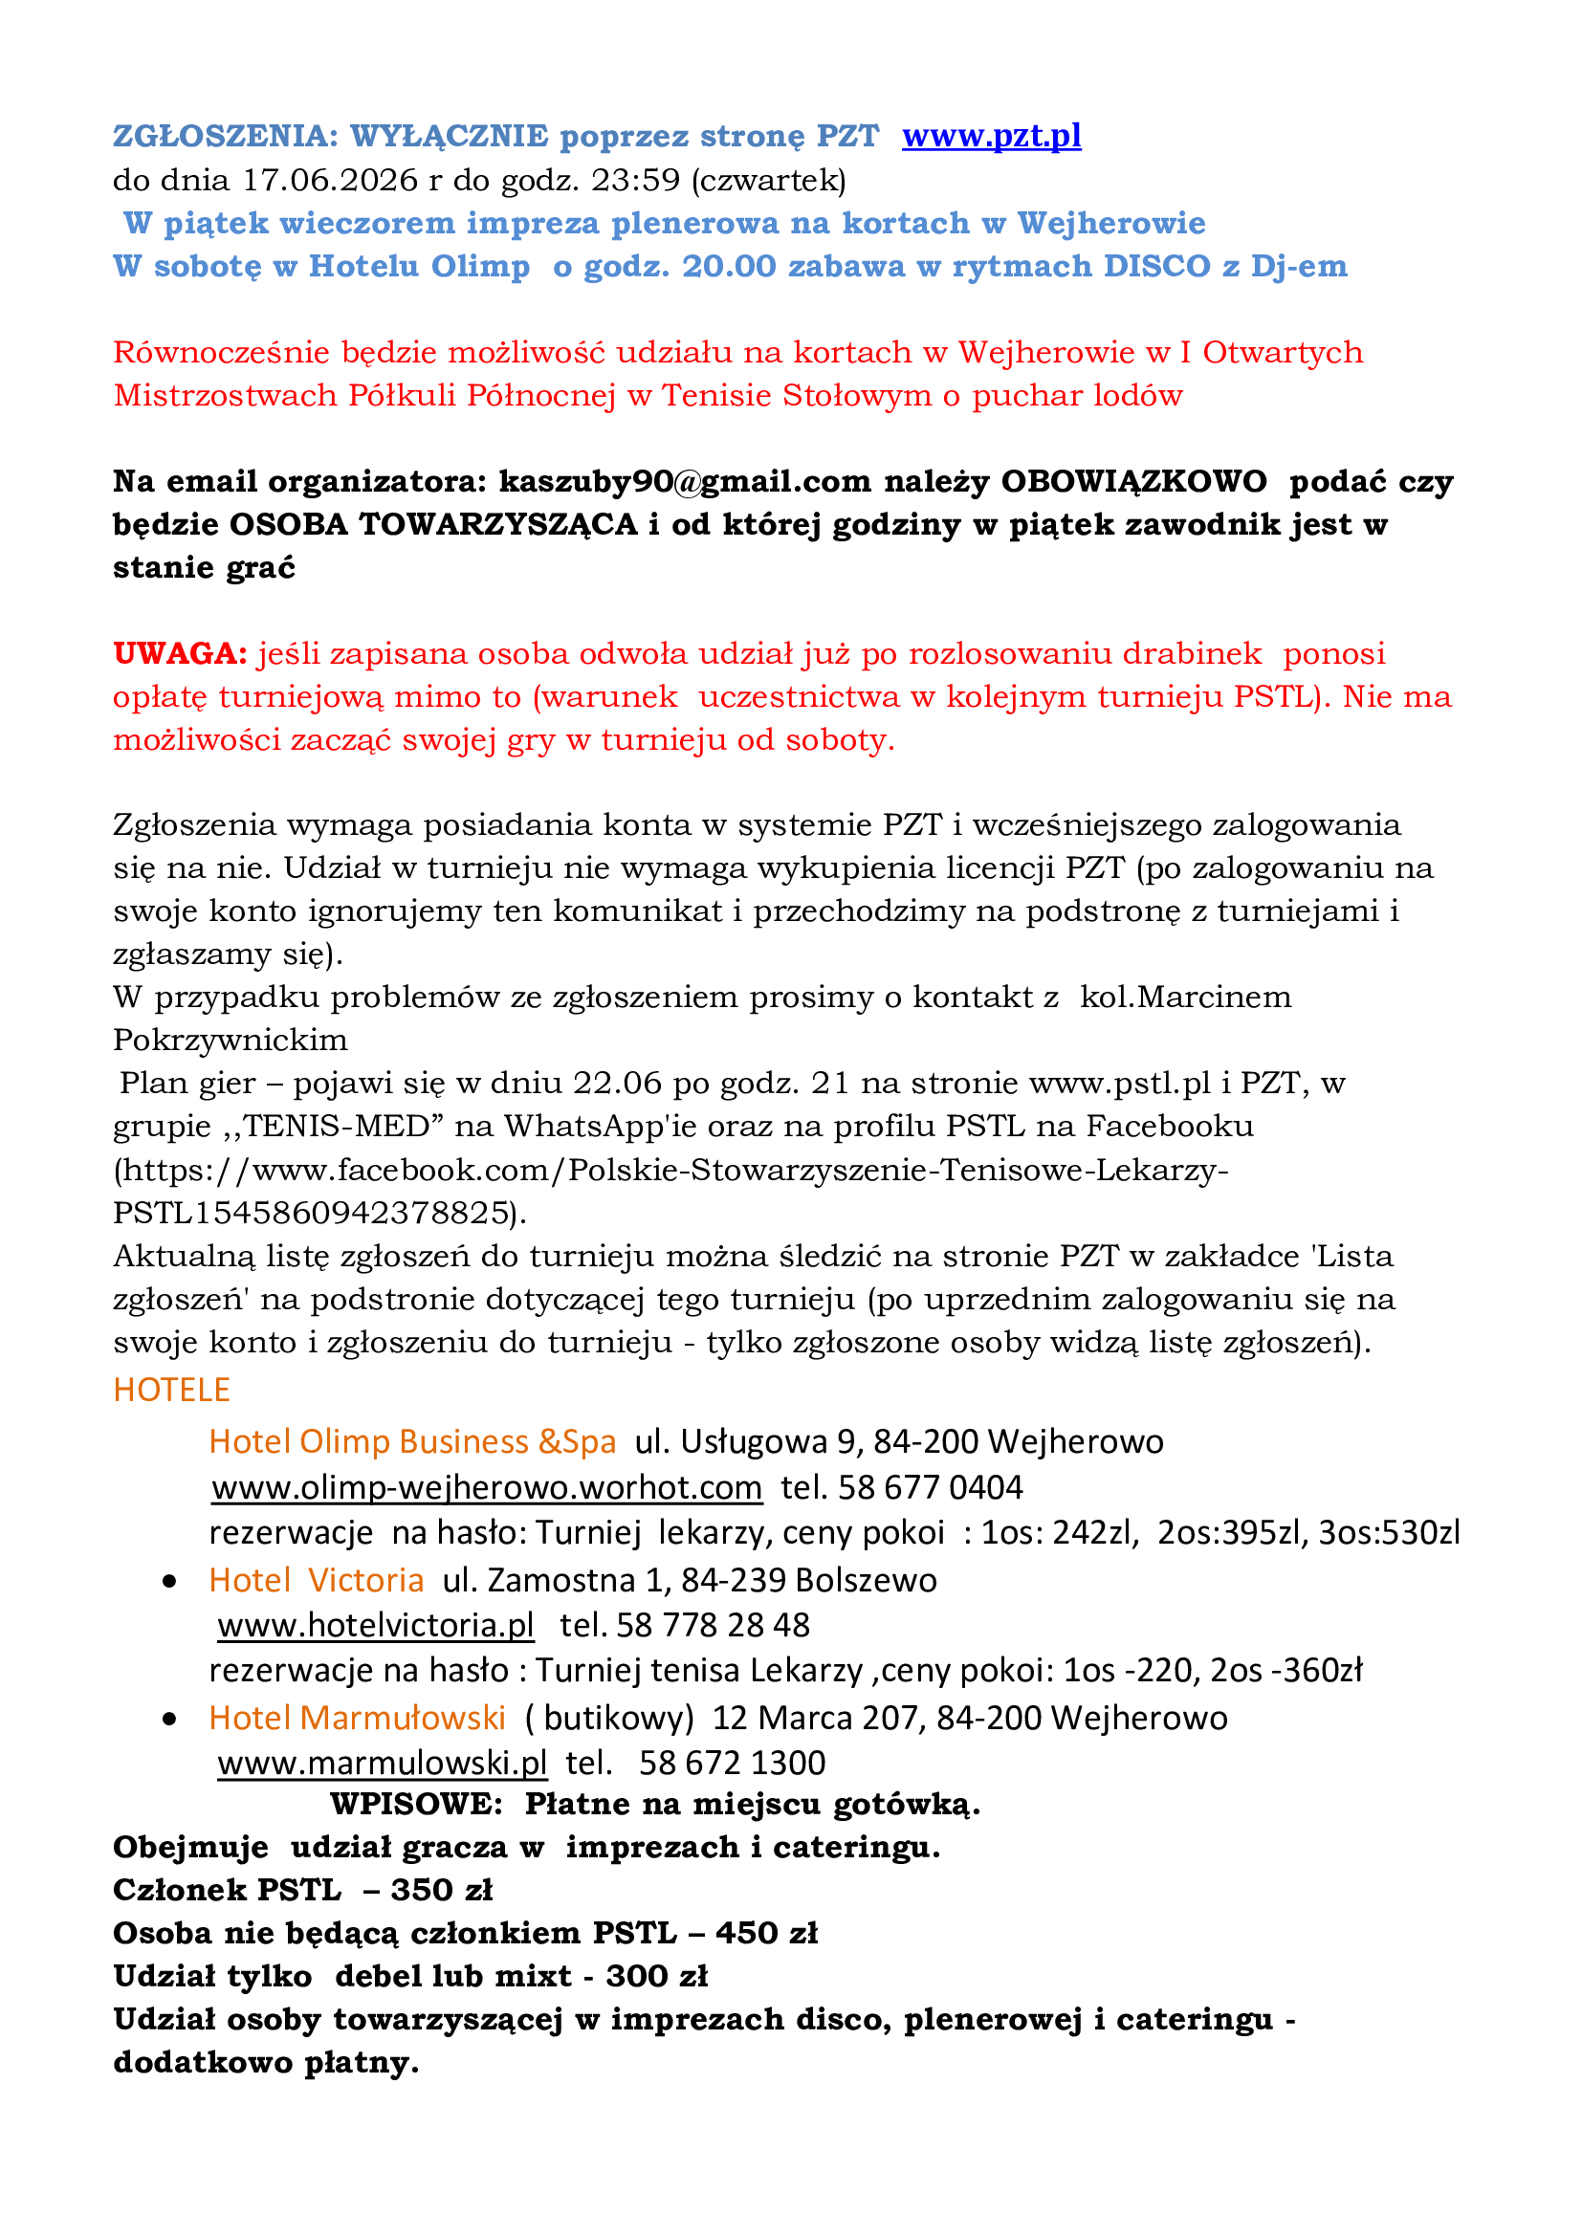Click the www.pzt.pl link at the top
click(x=991, y=136)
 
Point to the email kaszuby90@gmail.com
click(x=685, y=481)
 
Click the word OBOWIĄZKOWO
click(x=1134, y=481)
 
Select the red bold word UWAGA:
click(x=180, y=653)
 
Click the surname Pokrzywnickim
click(x=230, y=1040)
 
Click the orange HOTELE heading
click(x=171, y=1390)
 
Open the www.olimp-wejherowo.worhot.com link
click(x=487, y=1488)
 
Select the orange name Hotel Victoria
click(x=317, y=1579)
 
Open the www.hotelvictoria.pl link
click(x=376, y=1625)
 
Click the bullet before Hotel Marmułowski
click(x=170, y=1720)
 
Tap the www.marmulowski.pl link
click(x=382, y=1763)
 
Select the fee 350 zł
click(x=441, y=1890)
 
